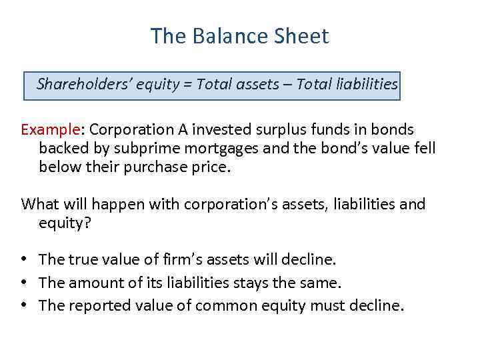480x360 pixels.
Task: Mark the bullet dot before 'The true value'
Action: point(25,259)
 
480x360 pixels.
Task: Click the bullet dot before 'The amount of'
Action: point(25,283)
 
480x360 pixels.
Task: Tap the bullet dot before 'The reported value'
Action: point(25,305)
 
